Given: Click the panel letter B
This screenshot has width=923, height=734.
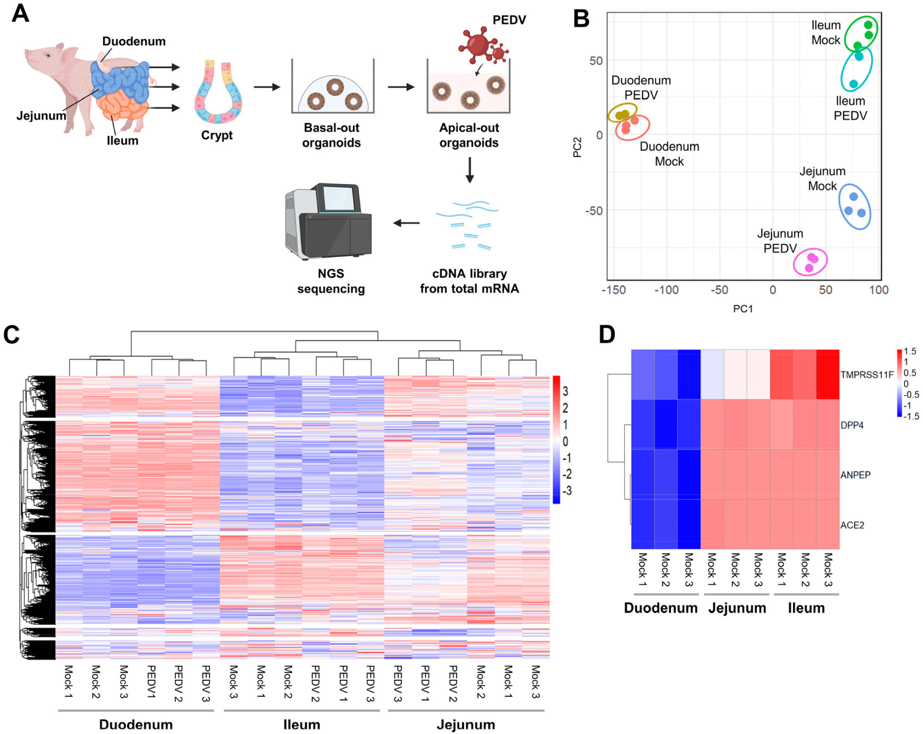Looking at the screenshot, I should [581, 19].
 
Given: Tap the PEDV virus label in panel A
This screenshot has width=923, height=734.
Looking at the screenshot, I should [509, 20].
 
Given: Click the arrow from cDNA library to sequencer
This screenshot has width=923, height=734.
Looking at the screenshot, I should [406, 223].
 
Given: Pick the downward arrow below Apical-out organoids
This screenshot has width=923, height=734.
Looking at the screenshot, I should [469, 170].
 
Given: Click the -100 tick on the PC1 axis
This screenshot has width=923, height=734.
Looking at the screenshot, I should [666, 290].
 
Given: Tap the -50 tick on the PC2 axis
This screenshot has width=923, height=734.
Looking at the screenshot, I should [594, 211].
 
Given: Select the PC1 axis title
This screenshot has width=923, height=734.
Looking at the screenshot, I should [743, 309].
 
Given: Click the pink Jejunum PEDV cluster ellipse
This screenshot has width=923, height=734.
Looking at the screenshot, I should [810, 261].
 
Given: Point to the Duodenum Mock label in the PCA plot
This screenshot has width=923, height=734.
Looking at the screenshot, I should [669, 154].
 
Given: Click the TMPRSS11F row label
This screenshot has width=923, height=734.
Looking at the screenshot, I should [867, 375].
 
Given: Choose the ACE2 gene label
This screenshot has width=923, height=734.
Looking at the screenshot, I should [852, 525].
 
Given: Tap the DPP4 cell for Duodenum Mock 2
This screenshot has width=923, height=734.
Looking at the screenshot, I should [666, 424].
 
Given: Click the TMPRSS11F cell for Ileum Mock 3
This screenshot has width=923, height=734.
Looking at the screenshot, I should [827, 374].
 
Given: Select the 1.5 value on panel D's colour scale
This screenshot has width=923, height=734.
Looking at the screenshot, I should [910, 351].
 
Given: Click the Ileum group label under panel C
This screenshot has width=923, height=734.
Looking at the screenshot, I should [302, 725].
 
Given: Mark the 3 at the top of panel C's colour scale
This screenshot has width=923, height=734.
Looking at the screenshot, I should [565, 391].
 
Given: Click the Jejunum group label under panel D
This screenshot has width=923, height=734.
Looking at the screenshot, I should [737, 608].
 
